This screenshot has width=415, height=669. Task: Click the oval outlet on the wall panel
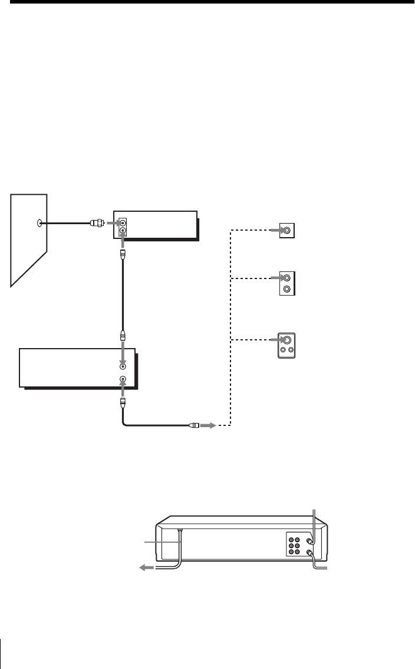coord(39,223)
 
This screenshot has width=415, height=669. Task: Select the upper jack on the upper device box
coord(122,224)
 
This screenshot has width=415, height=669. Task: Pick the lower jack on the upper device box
coord(122,232)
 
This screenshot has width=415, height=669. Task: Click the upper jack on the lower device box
coord(123,366)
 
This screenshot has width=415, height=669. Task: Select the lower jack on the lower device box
coord(123,379)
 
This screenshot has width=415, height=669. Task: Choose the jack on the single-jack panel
coord(286,230)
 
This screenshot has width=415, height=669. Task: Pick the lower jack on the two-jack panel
coord(286,289)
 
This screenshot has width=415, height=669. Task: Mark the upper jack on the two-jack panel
coord(286,277)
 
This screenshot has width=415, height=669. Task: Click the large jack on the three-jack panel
coord(286,340)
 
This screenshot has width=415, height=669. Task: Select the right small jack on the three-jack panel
coord(291,350)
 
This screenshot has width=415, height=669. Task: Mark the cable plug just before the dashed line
coord(193,425)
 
